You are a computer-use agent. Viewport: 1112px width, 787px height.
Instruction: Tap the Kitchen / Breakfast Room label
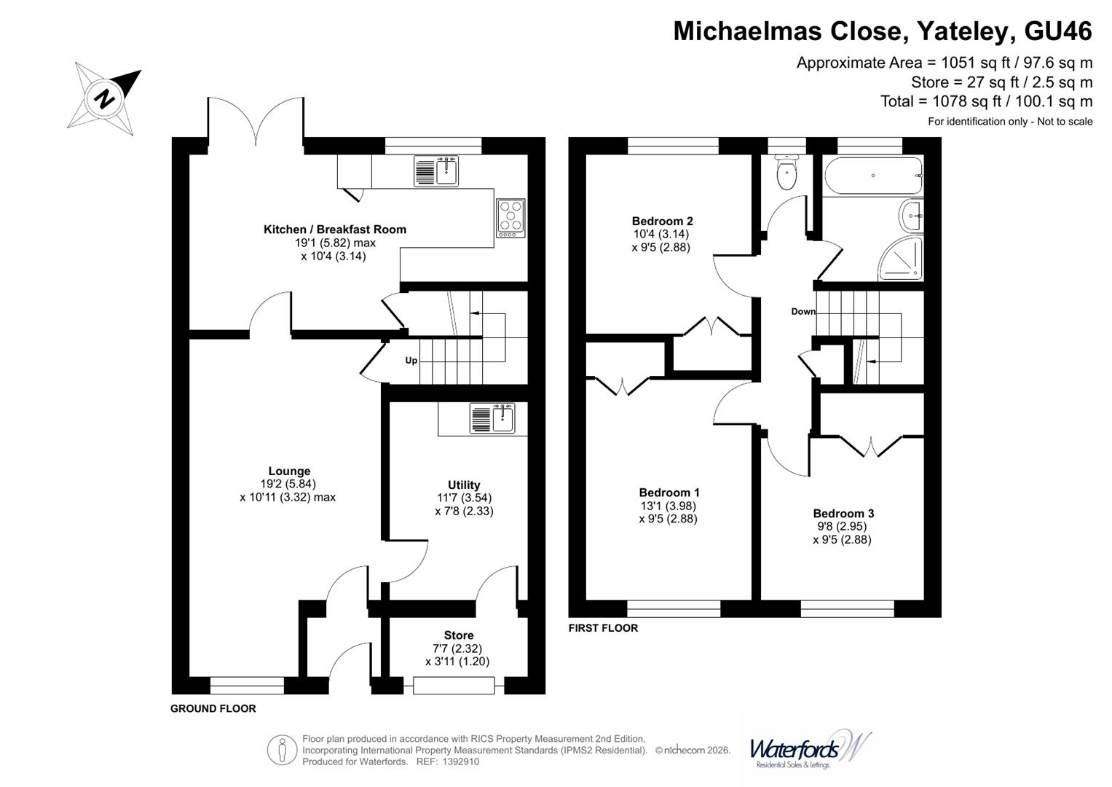click(x=334, y=230)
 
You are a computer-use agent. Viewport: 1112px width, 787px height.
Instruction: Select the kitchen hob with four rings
click(x=510, y=218)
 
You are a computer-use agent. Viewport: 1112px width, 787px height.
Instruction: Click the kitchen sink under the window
click(x=436, y=171)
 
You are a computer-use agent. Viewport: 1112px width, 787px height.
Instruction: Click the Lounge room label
click(x=289, y=471)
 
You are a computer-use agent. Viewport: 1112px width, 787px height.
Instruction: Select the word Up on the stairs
click(x=411, y=361)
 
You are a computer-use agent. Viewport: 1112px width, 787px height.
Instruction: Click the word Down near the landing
click(x=803, y=312)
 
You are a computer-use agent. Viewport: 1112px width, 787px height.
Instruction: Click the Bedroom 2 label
click(x=662, y=222)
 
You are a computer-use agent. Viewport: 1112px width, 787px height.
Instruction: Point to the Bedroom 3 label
click(x=843, y=514)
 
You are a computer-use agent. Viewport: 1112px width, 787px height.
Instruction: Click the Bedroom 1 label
click(x=669, y=493)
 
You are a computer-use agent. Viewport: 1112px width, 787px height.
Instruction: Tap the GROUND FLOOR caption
click(x=213, y=708)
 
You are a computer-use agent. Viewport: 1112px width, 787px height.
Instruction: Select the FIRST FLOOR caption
click(x=603, y=628)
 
